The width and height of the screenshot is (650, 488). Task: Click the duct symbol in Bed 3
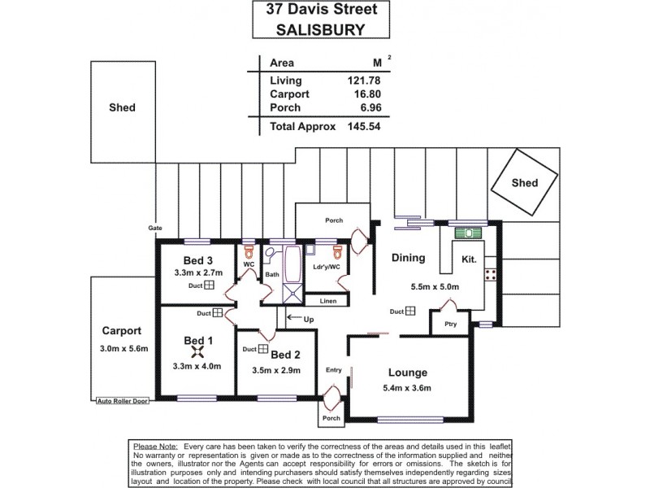tap(208, 286)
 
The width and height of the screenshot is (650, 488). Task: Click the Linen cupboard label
tap(305, 302)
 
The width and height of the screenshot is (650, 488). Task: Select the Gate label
tap(154, 229)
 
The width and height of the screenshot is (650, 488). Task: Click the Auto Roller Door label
tap(121, 401)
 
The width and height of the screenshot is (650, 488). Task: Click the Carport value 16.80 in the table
tap(364, 94)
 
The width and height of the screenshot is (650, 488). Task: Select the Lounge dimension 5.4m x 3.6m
tap(408, 388)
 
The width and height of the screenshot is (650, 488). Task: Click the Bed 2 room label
tap(286, 355)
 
